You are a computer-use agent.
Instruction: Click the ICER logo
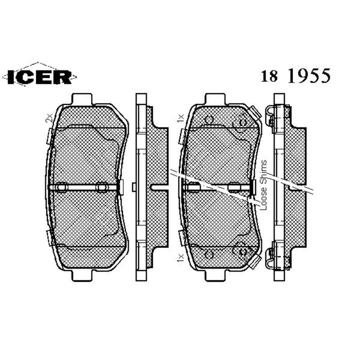[40, 77]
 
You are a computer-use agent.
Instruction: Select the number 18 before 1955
[270, 77]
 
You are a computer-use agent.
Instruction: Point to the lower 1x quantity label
[179, 257]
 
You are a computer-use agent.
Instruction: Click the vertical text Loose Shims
[263, 185]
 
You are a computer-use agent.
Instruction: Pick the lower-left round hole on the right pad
[209, 254]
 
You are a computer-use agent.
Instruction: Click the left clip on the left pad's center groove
[61, 187]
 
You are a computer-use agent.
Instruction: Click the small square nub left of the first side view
[133, 187]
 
